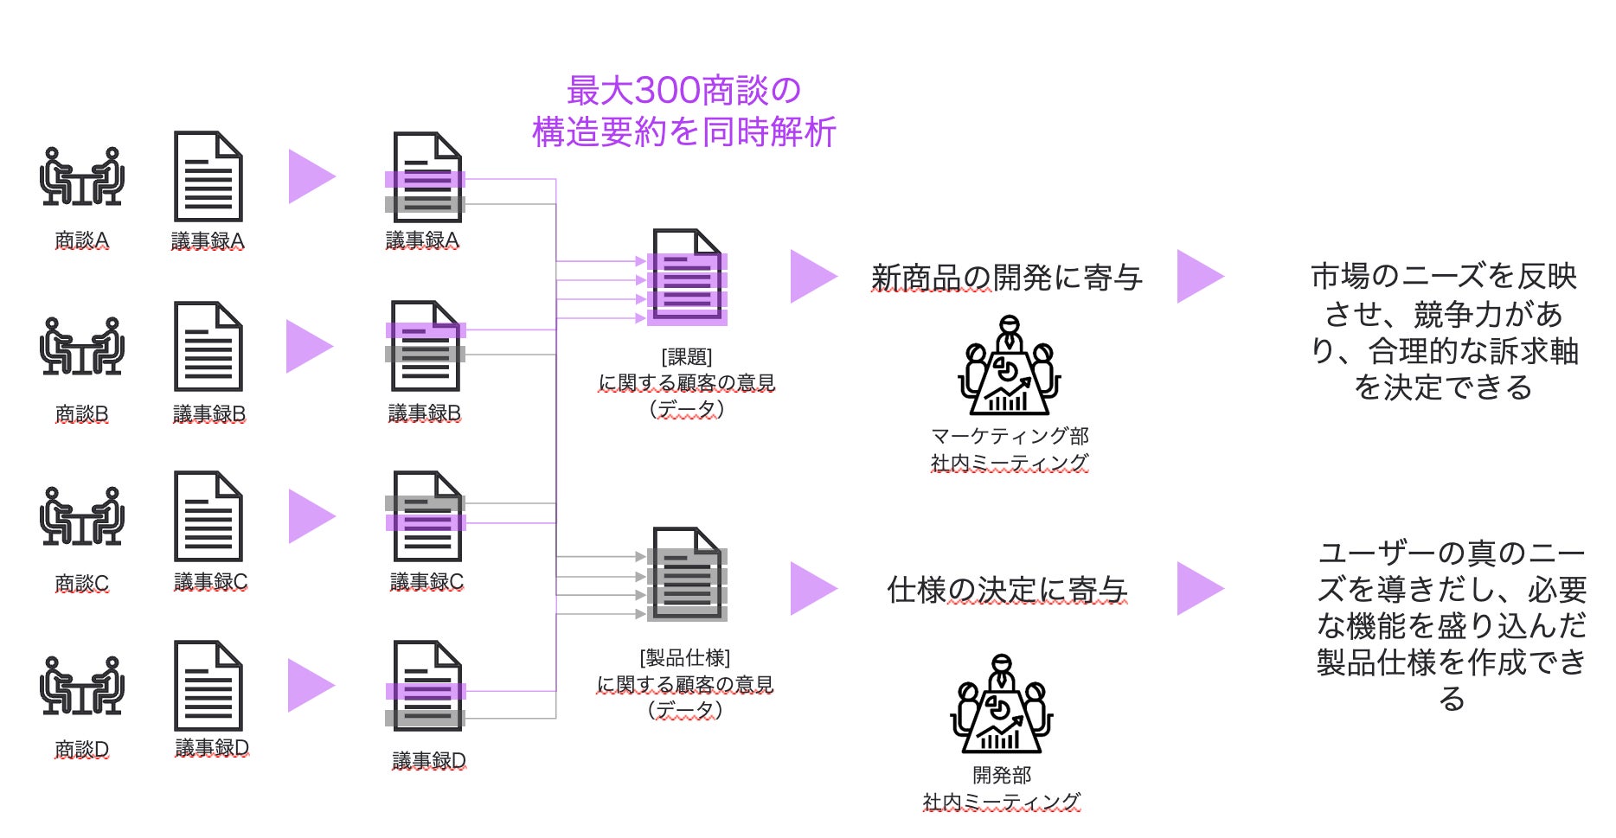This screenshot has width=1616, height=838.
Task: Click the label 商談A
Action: (x=81, y=240)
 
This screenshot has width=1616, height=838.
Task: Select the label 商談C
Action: (x=81, y=584)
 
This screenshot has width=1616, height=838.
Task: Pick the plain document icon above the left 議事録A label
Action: (x=208, y=176)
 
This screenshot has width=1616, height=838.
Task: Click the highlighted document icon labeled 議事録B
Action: (x=425, y=346)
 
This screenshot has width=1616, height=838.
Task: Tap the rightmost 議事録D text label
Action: (x=429, y=761)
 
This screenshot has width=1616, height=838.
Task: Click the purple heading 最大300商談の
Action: (x=683, y=90)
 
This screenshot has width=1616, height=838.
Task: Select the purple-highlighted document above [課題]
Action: (x=687, y=276)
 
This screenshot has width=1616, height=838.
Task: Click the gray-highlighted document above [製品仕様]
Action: (x=687, y=574)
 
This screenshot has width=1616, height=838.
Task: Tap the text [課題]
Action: (x=687, y=357)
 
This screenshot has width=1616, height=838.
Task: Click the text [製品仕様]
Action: (x=685, y=658)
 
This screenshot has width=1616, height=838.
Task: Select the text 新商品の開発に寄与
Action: (x=1006, y=278)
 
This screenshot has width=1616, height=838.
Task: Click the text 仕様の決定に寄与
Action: (x=1007, y=590)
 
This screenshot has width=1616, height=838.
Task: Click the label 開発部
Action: (x=1002, y=775)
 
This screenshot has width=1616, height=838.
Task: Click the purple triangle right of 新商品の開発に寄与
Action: (x=1200, y=277)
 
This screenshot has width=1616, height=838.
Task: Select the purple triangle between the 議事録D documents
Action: (x=311, y=686)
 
